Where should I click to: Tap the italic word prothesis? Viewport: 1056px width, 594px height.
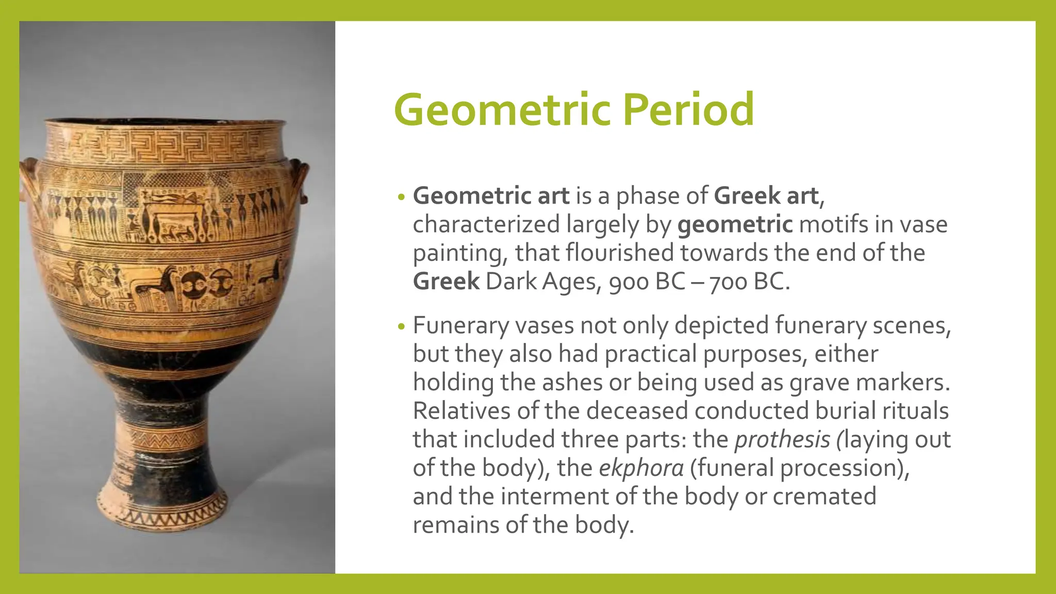(x=782, y=439)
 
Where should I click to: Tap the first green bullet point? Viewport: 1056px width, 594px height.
(x=402, y=197)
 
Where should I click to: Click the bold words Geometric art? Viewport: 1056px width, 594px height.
(x=491, y=196)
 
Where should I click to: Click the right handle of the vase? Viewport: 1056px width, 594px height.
(x=301, y=180)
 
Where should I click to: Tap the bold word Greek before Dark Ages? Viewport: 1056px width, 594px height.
(x=446, y=282)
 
